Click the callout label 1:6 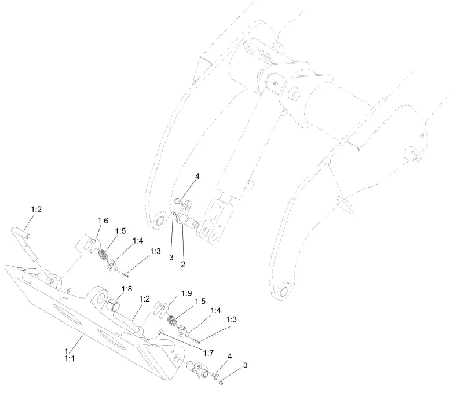point(103,221)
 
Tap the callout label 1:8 point(126,288)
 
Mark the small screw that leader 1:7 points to point(159,331)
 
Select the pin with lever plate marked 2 point(187,220)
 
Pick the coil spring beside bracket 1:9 point(172,319)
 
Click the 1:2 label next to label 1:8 point(144,299)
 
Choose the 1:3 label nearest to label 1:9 point(231,319)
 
